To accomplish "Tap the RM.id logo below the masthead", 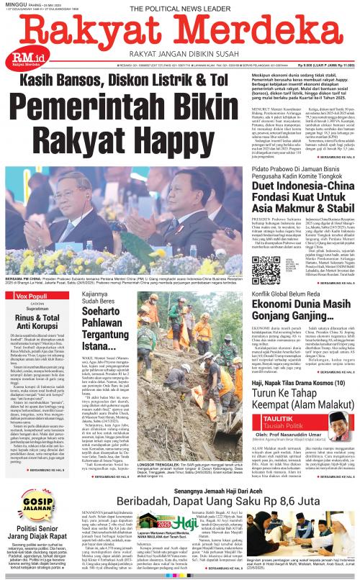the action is tap(20, 58).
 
